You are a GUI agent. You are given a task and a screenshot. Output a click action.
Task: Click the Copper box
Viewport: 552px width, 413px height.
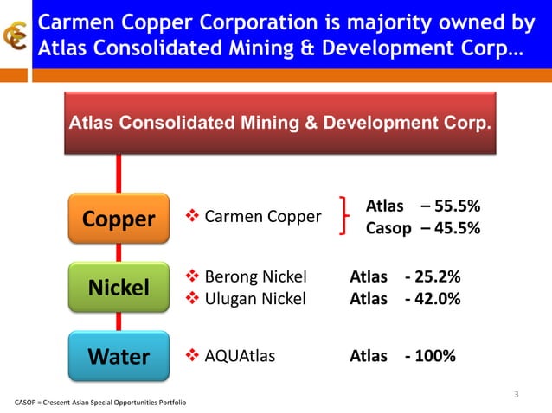tap(119, 219)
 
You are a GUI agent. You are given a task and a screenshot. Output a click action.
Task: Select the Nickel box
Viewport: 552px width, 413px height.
tap(119, 288)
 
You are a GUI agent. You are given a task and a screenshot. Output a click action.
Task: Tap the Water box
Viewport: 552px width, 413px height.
tap(119, 356)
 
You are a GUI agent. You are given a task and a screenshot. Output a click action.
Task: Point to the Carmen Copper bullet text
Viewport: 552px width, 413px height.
tap(262, 216)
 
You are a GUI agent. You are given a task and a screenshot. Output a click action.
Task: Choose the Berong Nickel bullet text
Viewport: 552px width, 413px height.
tap(255, 277)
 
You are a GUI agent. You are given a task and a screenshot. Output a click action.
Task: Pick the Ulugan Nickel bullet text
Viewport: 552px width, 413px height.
tap(255, 299)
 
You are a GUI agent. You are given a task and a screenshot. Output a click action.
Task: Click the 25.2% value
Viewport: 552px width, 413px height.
tap(437, 277)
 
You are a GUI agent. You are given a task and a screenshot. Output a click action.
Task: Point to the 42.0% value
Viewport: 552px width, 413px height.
tap(437, 299)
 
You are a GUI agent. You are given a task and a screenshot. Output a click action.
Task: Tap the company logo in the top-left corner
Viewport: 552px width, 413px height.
tap(16, 37)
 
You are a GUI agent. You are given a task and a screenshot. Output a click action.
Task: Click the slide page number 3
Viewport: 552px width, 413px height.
tap(516, 396)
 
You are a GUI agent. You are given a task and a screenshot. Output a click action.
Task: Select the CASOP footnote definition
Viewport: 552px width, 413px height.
tap(99, 403)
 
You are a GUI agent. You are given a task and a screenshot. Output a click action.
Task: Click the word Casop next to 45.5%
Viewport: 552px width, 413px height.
tap(388, 229)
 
